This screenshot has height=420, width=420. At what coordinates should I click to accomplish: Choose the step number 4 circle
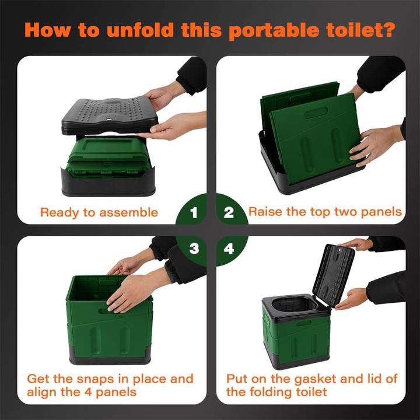[229, 249]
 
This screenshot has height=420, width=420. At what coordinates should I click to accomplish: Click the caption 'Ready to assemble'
[99, 212]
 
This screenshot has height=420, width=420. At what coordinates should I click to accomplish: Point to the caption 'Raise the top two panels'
[325, 211]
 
